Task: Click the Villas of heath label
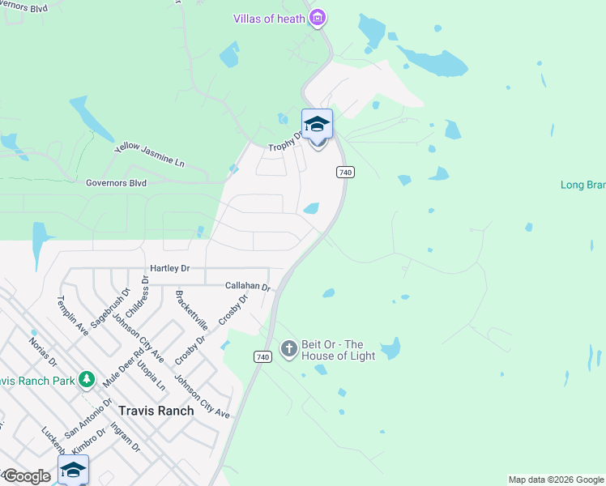coord(269,19)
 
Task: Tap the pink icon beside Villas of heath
coord(318,18)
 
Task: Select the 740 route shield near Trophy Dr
coord(345,172)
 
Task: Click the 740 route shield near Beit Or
coord(262,356)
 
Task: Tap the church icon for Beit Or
coord(288,349)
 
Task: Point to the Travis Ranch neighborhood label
coord(156,411)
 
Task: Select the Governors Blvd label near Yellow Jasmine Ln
coord(116,183)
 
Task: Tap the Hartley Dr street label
coord(169,268)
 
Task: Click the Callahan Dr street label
coord(247,286)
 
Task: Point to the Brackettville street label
coord(191,310)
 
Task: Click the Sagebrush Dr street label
coord(110,308)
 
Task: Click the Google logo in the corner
coord(26,476)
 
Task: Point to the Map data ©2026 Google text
coord(556,480)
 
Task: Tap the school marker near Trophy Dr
coord(317,126)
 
